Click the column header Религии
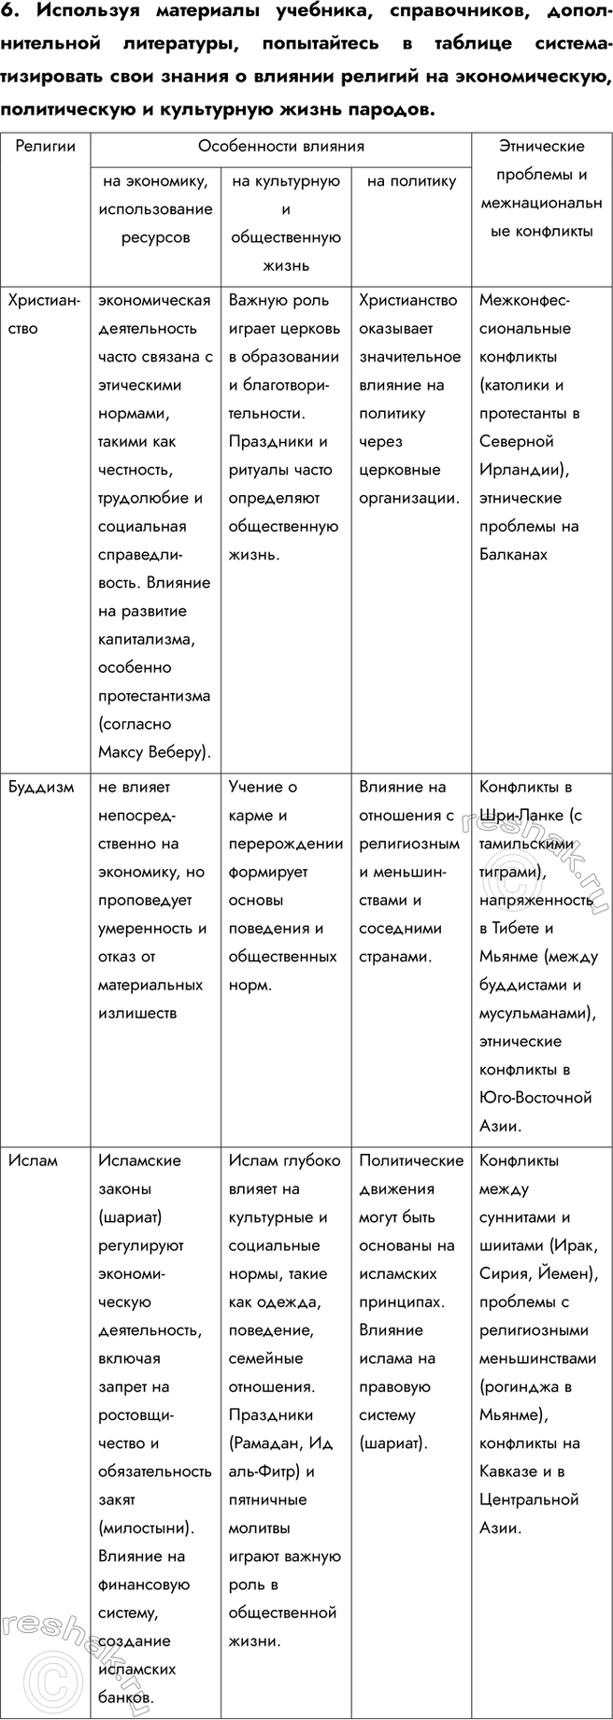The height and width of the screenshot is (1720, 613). (x=42, y=147)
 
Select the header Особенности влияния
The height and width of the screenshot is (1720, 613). (x=280, y=147)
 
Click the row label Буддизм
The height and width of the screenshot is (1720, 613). (x=41, y=788)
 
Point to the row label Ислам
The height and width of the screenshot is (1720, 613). (x=34, y=1161)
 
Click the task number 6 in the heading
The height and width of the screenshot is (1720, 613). (x=9, y=12)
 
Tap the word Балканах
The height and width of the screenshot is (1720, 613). (x=513, y=555)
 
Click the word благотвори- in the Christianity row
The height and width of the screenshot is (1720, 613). (x=279, y=385)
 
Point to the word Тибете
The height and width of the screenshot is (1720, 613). (x=525, y=929)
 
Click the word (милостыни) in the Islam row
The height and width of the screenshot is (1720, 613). (x=146, y=1528)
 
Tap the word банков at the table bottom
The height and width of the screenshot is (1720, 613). (x=123, y=1697)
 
